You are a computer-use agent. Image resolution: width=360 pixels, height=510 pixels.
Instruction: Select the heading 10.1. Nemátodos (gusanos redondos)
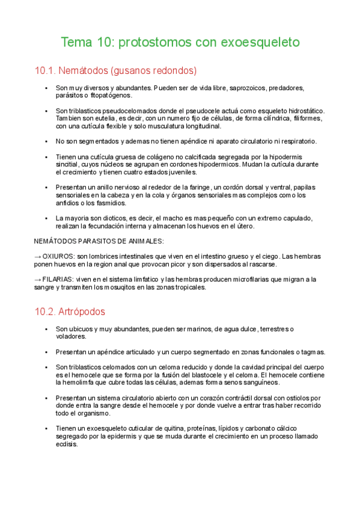point(116,71)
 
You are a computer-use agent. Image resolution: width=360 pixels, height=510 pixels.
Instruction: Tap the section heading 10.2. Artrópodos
point(70,312)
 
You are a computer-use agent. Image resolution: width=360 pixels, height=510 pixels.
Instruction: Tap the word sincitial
point(69,165)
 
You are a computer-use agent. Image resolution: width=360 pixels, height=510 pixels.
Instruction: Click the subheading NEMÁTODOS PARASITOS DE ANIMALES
point(99,242)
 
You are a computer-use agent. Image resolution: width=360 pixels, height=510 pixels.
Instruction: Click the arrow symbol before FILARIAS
point(38,280)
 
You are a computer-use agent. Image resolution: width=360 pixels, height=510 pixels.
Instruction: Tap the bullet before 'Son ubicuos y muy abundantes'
point(47,329)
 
